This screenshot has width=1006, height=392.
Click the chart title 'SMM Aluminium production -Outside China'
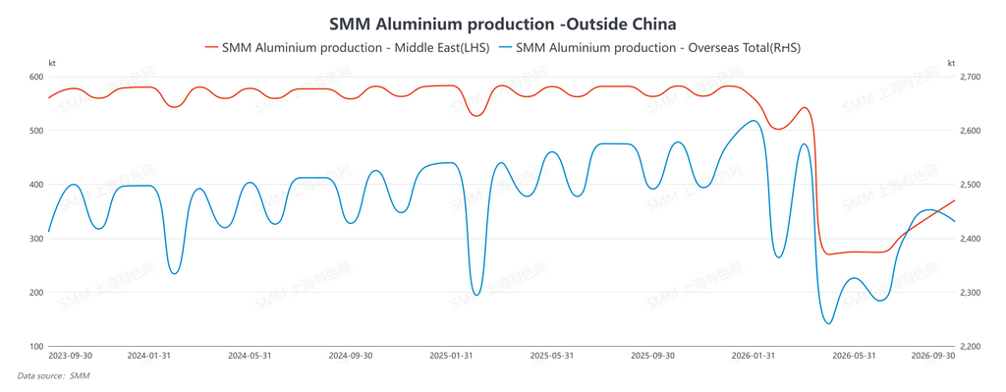click(x=502, y=25)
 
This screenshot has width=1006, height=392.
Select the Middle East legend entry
click(x=347, y=47)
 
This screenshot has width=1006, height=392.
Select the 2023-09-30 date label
click(x=71, y=356)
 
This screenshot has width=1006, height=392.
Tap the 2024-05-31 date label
click(x=250, y=356)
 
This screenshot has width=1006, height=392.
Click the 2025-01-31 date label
click(x=451, y=356)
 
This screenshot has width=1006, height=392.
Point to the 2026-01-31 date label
click(x=754, y=356)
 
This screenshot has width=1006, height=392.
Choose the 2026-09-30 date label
click(x=933, y=356)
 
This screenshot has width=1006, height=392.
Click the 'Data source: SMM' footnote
click(x=53, y=376)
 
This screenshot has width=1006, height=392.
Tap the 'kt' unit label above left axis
click(x=53, y=63)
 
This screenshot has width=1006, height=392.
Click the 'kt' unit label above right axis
click(x=951, y=63)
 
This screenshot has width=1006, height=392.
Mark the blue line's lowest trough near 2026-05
click(x=827, y=323)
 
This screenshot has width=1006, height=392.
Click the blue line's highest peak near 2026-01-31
click(x=754, y=121)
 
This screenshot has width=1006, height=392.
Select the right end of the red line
click(x=955, y=200)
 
